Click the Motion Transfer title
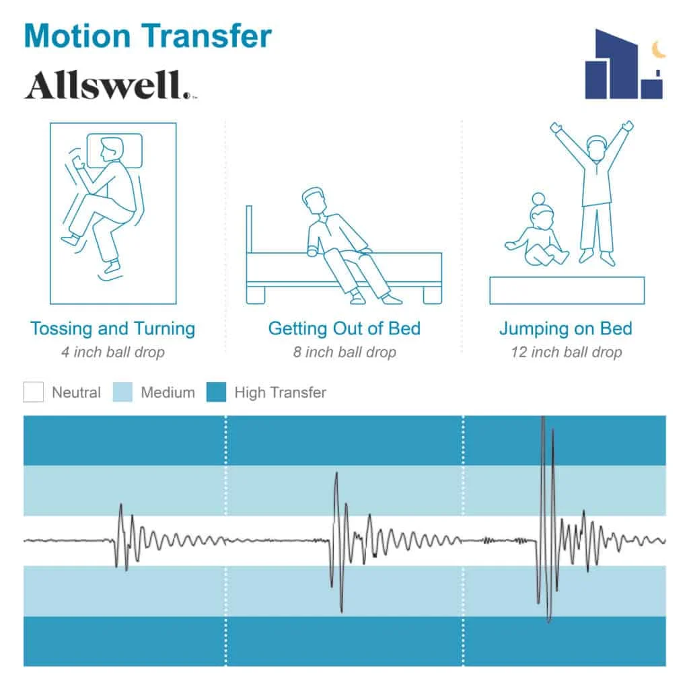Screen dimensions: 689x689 coord(147,36)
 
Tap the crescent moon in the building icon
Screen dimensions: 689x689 coord(659,48)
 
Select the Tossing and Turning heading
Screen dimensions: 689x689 coord(112,329)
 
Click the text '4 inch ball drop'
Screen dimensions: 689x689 coord(112,352)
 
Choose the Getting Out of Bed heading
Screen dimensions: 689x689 coord(344,329)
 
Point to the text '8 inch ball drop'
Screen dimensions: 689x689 coord(344,352)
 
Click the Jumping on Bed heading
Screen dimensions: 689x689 coord(565,329)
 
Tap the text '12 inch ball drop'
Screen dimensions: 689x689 coord(565,352)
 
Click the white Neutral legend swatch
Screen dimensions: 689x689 coord(34,392)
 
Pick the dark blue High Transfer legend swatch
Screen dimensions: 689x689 coord(216,392)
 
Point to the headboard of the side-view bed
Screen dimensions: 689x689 coord(250,229)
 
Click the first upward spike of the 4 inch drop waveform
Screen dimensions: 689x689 coord(120,505)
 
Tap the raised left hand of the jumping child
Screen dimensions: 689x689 coord(555,126)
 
